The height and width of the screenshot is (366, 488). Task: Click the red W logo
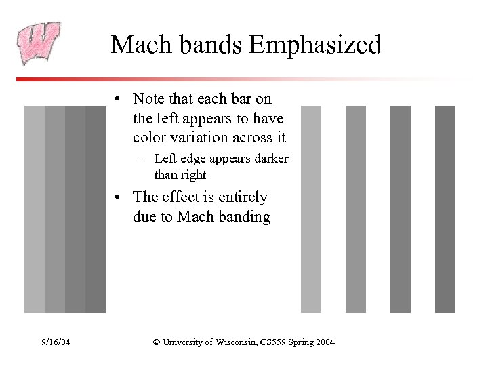38,43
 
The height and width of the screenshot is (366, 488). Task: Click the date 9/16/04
55,342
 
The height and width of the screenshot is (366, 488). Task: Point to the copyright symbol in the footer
157,342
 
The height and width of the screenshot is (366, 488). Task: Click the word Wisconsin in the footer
227,342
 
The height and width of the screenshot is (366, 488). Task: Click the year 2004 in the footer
323,342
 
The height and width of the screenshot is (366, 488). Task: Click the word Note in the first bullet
148,99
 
